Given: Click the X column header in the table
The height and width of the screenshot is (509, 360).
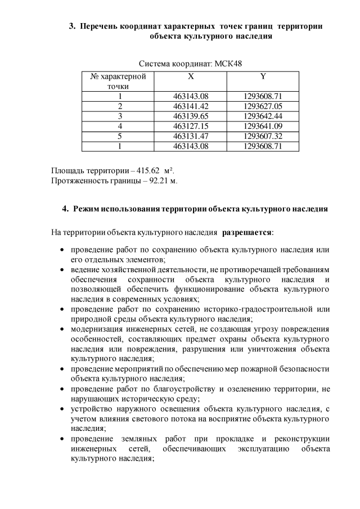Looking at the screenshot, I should tap(191, 76).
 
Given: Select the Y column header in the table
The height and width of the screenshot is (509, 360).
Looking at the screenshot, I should tap(263, 76).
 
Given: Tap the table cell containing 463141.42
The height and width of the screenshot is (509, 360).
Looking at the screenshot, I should tap(191, 106).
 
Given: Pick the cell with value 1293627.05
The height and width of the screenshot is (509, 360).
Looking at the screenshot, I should tap(263, 106).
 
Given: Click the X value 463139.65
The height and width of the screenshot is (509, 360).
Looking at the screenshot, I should tap(191, 116).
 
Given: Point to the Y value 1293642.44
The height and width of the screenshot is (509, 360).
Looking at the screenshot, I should tap(263, 116).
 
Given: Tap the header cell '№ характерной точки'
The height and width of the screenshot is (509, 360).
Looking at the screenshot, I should tap(118, 81).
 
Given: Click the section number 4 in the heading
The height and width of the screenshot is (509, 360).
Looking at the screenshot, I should tap(65, 209).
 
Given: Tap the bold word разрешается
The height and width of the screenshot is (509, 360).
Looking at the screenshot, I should tap(247, 232).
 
